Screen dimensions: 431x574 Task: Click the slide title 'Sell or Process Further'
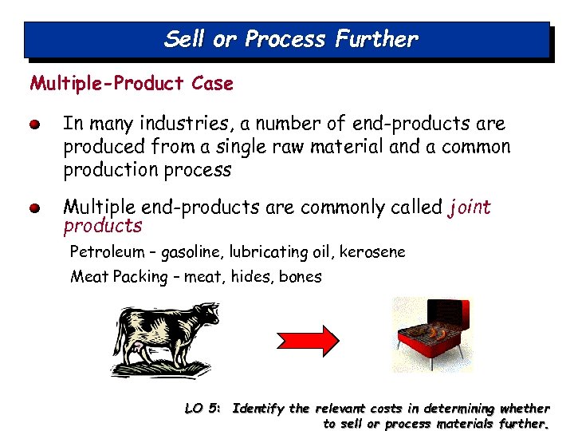point(290,39)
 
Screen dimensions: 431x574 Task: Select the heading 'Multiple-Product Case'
point(132,83)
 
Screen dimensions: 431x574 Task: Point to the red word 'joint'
point(470,208)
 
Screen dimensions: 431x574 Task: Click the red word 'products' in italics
point(103,226)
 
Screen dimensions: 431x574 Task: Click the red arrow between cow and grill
point(309,334)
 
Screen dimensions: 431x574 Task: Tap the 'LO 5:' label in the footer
point(202,409)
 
